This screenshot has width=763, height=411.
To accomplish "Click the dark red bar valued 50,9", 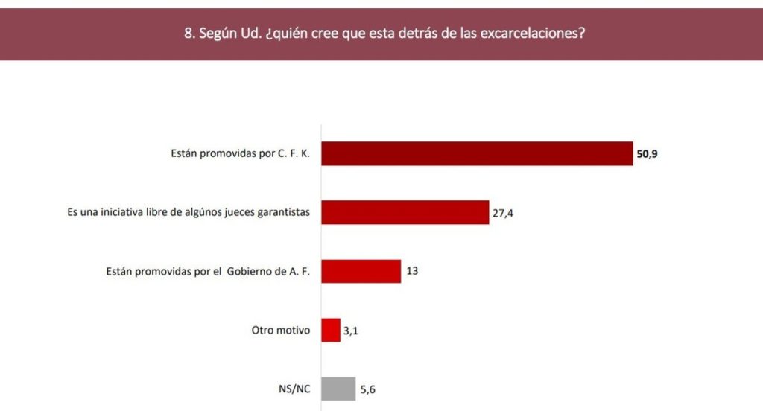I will coord(477,154).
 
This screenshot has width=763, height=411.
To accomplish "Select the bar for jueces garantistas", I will coord(405,212).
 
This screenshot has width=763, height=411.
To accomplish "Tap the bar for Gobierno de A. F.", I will coord(361,271).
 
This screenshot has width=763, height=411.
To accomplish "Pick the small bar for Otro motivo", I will coord(331,330).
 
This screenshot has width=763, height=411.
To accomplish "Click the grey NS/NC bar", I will coord(338,389).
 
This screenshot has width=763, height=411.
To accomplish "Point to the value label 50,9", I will coord(648,154).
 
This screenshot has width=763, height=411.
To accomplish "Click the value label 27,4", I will coord(504,213).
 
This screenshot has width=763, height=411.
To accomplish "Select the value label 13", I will coord(412,271).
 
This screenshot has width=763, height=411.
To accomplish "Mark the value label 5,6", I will coord(368,389).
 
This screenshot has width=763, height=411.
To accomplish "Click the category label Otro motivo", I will coord(282,330).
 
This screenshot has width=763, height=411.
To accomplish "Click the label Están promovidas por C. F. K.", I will coord(241,154).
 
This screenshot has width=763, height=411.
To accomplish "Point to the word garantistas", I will coord(282,213).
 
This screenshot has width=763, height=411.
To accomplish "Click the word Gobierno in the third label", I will coord(247,271).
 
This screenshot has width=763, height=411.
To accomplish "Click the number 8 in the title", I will coord(187,34).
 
